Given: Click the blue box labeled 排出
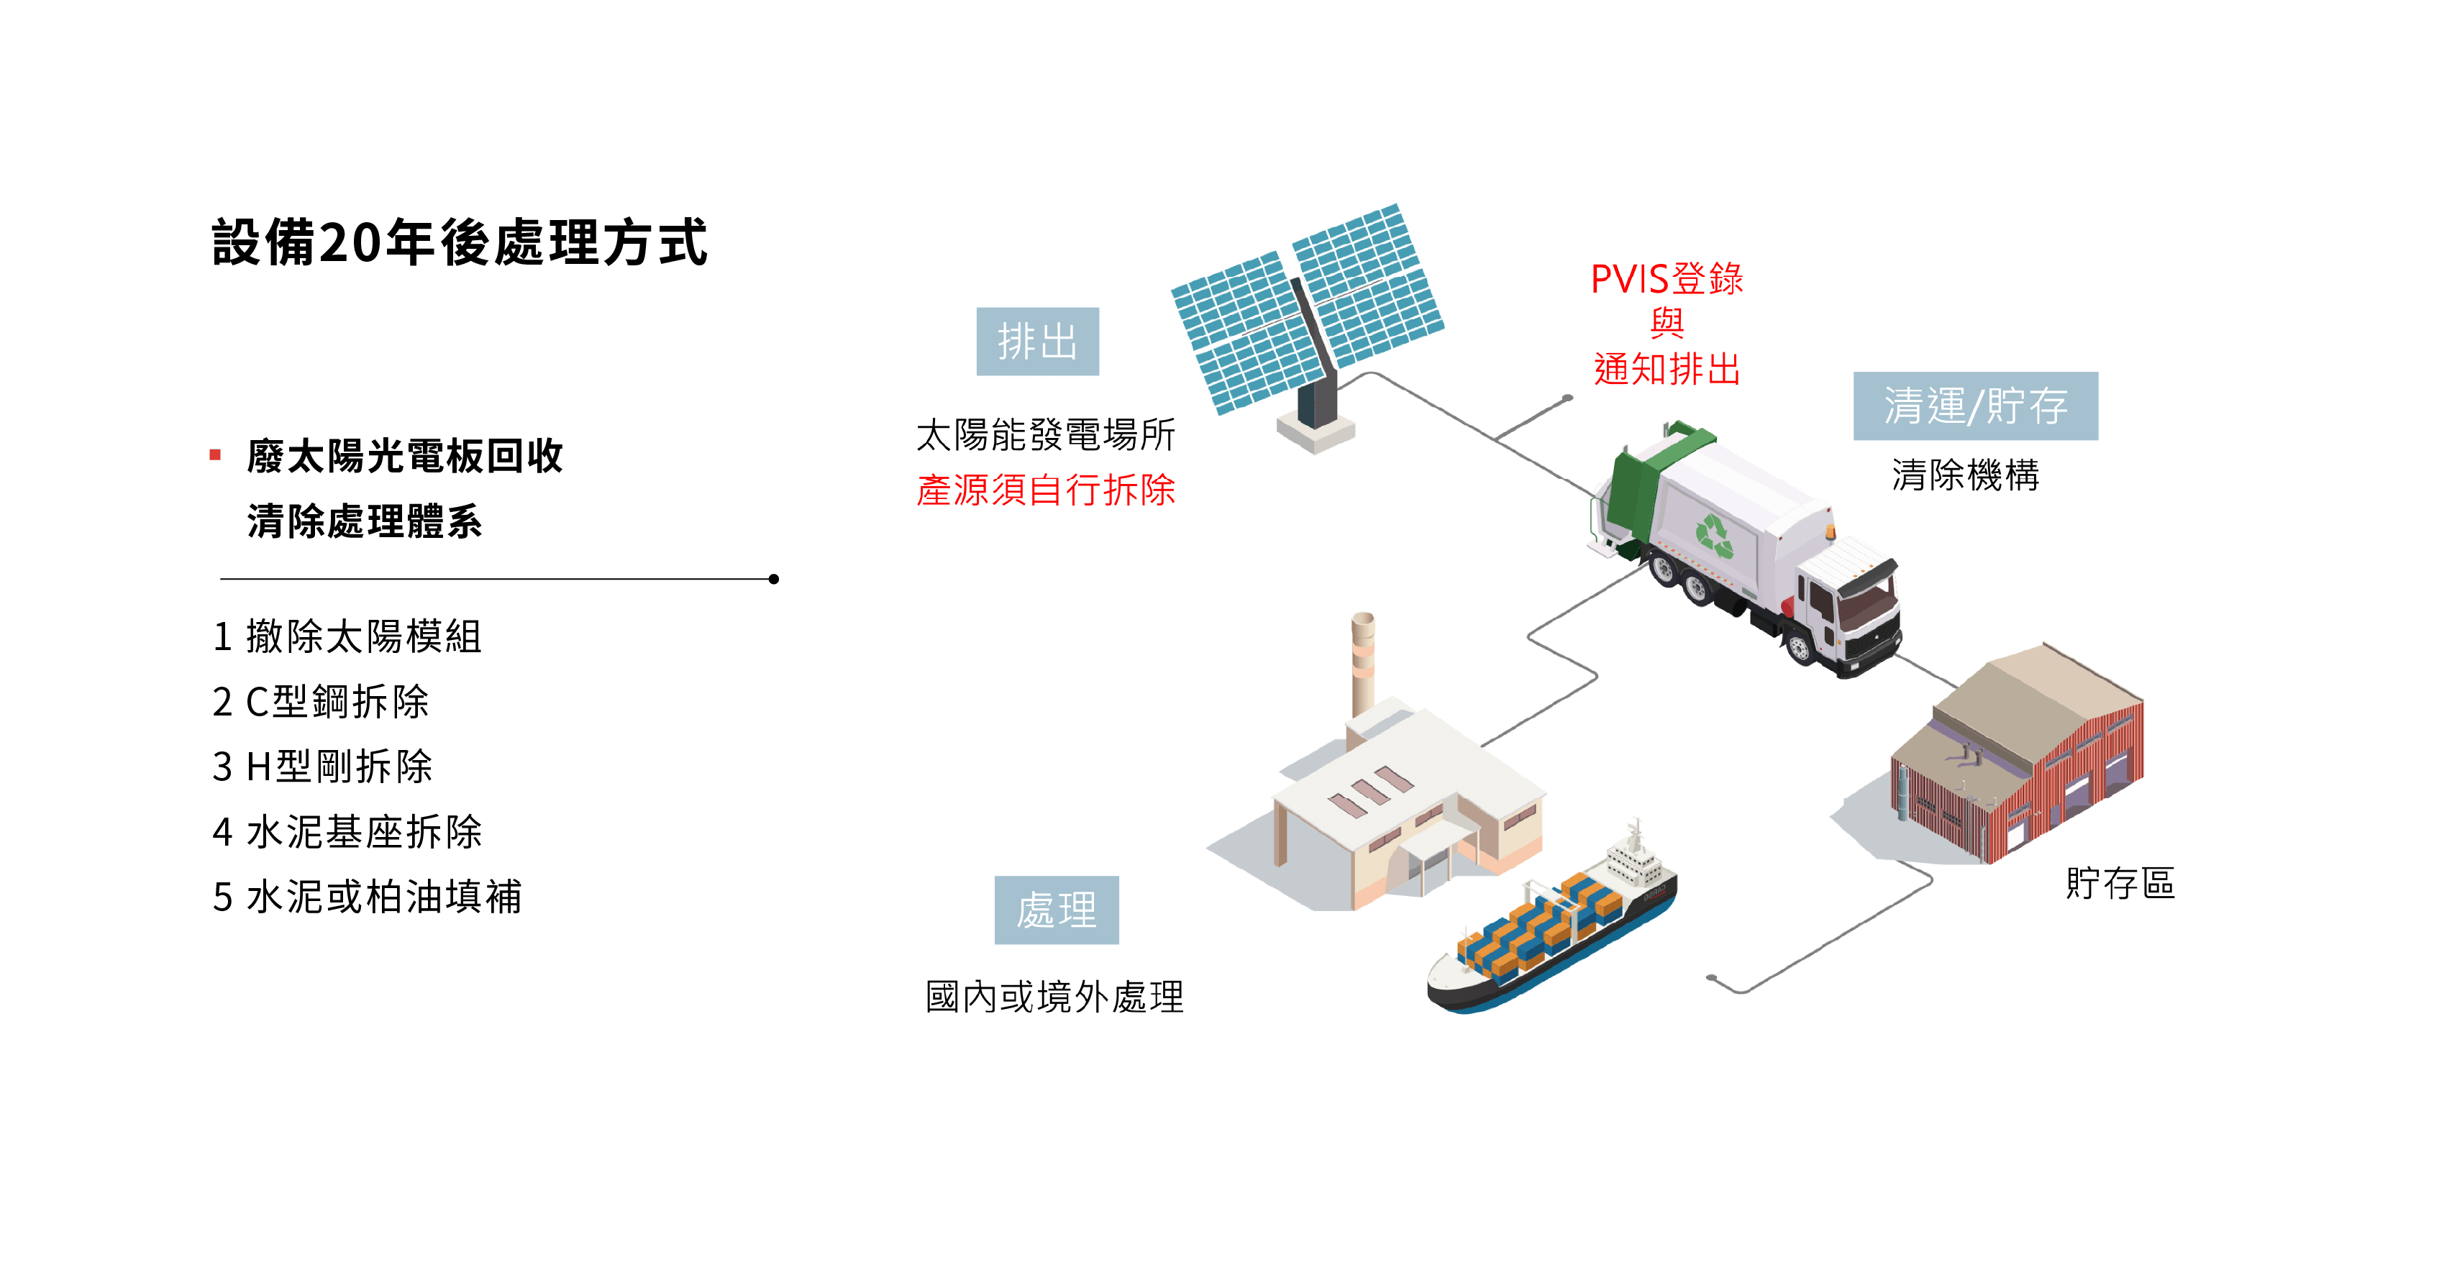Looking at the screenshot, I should point(1038,342).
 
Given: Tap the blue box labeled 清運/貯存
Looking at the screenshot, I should point(1975,406).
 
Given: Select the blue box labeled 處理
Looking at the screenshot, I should point(1057,910).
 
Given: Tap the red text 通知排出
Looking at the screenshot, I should point(1667,369).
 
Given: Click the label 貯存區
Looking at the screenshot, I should point(2120,883).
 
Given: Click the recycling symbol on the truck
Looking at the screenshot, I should point(1714,535).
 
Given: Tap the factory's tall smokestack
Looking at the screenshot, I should point(1363,663).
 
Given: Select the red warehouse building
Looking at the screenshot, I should point(2022,763).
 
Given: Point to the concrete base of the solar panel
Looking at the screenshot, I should point(1316,434).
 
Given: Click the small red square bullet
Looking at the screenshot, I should point(216,455).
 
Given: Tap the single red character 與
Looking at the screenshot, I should point(1667,324).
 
